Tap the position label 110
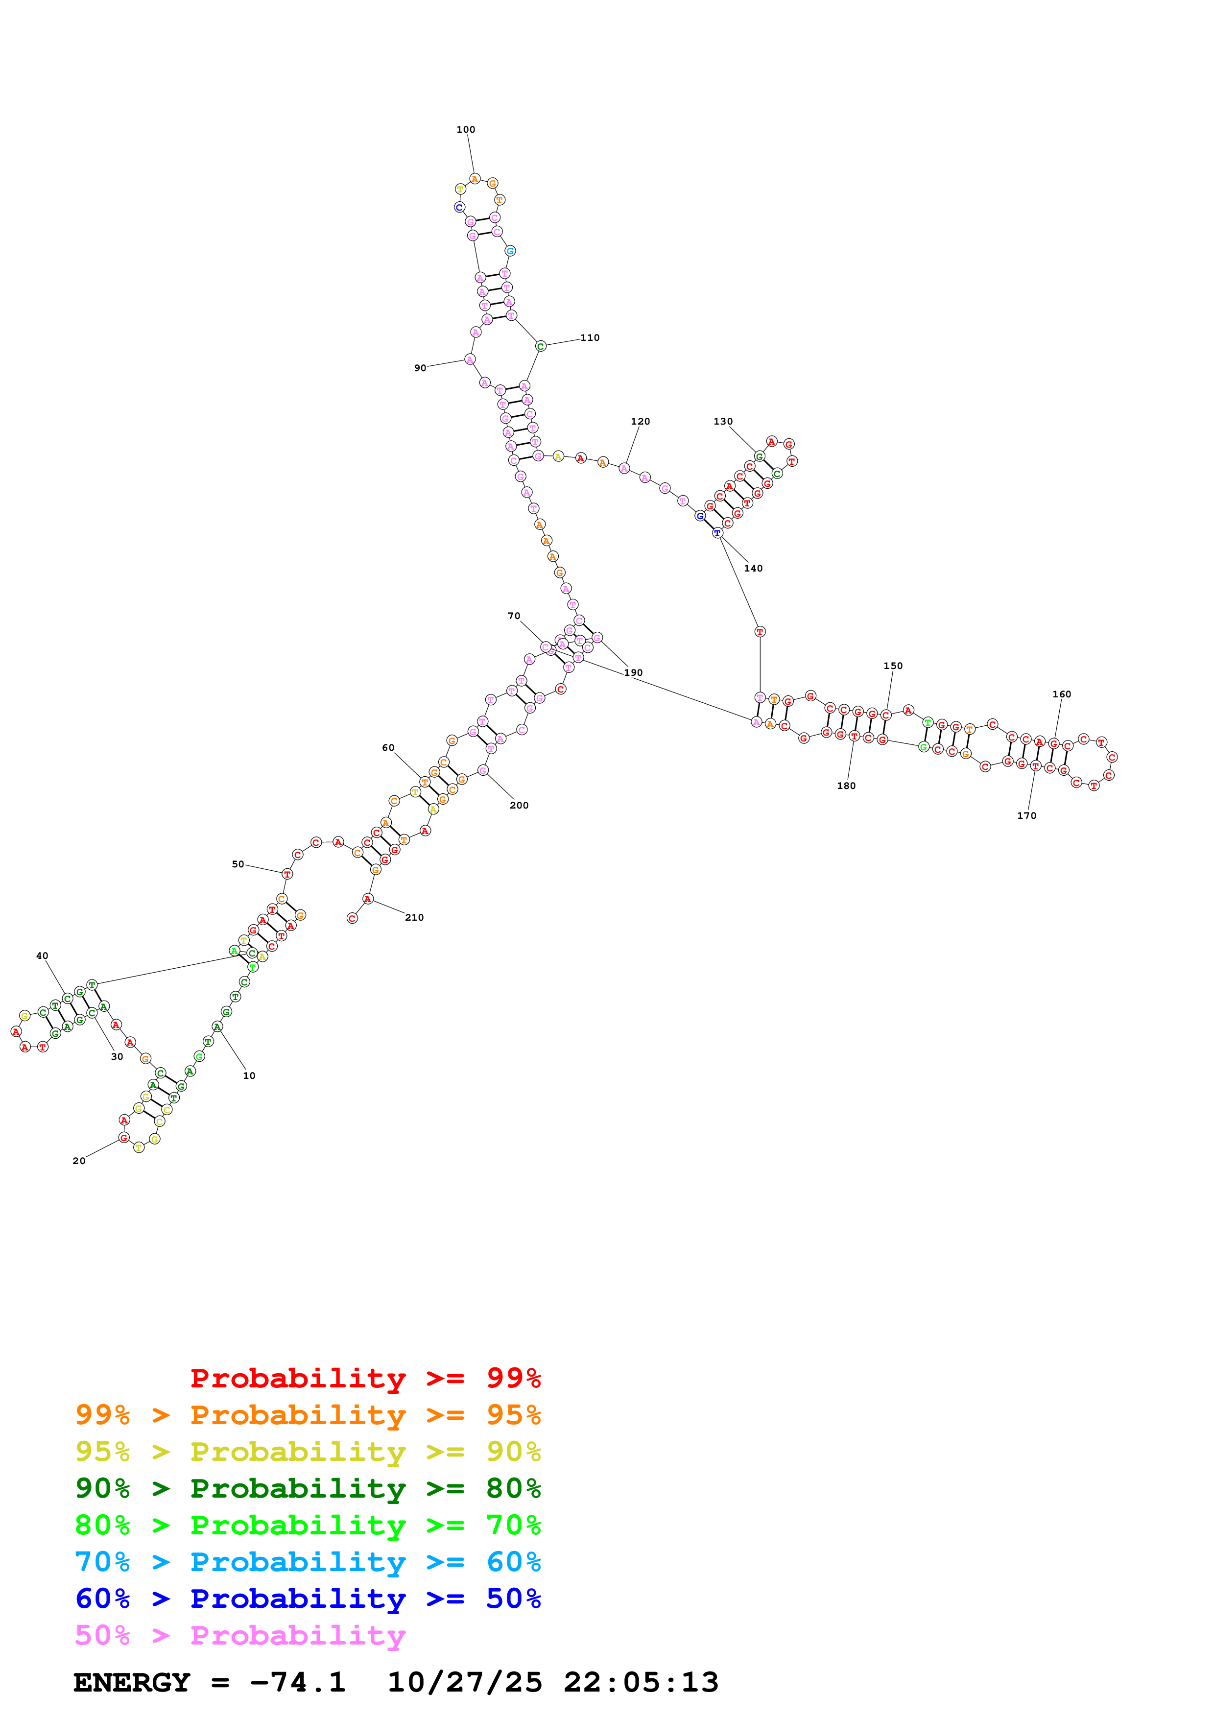590,337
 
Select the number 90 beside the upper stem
420,368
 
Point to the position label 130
722,421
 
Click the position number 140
753,568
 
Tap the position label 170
1026,815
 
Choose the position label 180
846,785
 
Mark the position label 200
519,805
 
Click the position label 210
414,917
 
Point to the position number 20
78,1161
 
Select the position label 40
42,955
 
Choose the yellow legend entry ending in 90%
308,1452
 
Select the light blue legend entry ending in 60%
308,1562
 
